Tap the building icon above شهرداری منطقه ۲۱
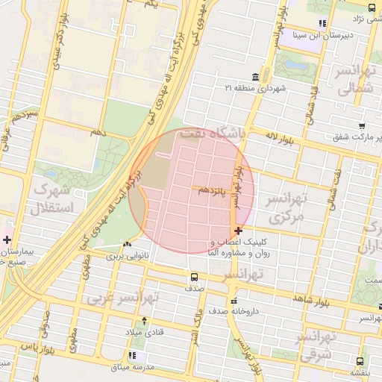[256, 78]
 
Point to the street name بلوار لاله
[281, 138]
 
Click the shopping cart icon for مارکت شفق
[362, 127]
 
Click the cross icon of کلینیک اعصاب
[237, 231]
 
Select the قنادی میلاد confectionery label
[138, 331]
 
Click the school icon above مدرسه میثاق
[133, 356]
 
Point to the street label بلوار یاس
[39, 348]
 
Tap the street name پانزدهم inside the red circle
[214, 192]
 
